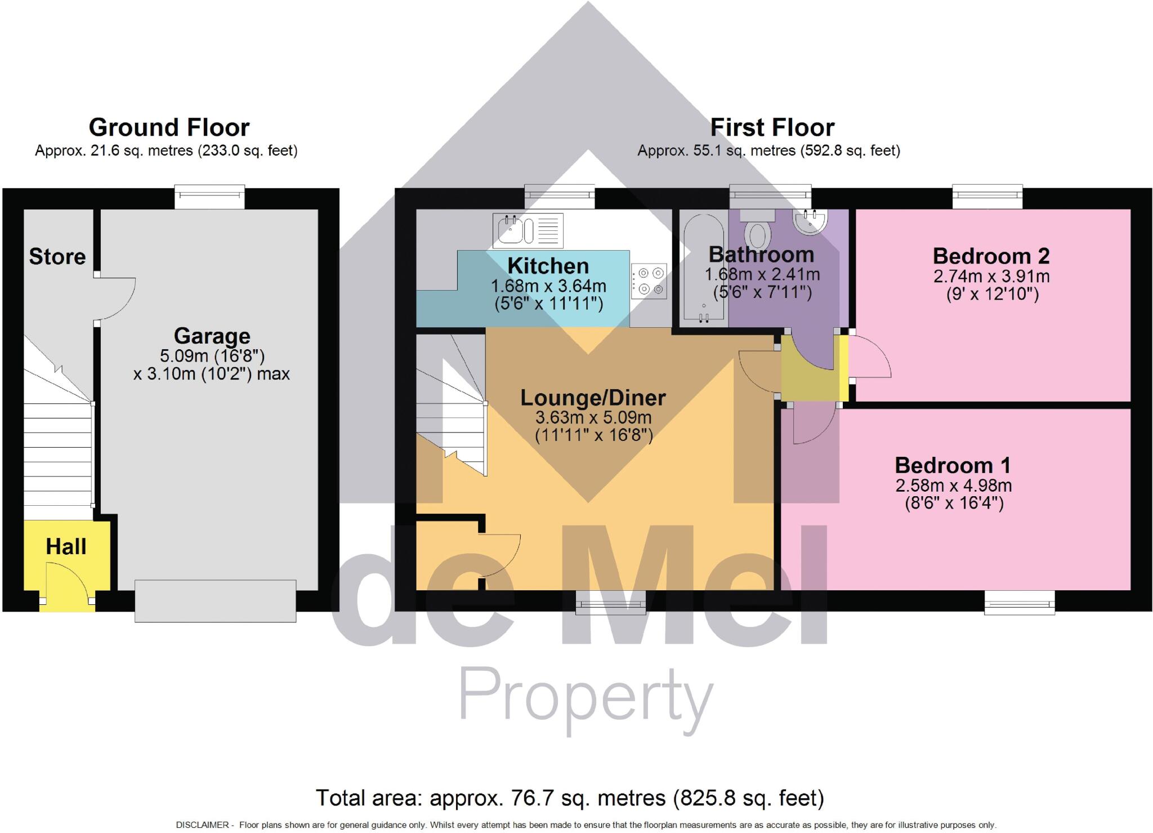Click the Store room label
(x=57, y=257)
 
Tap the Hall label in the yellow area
(x=66, y=546)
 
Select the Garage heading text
(x=212, y=336)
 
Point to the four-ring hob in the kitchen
(x=649, y=280)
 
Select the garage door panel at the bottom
(x=215, y=601)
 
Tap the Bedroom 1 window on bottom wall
(x=1019, y=603)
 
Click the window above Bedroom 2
(x=987, y=195)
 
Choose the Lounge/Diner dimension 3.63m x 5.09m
(x=593, y=417)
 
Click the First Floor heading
(x=772, y=127)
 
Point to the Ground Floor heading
(x=169, y=127)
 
